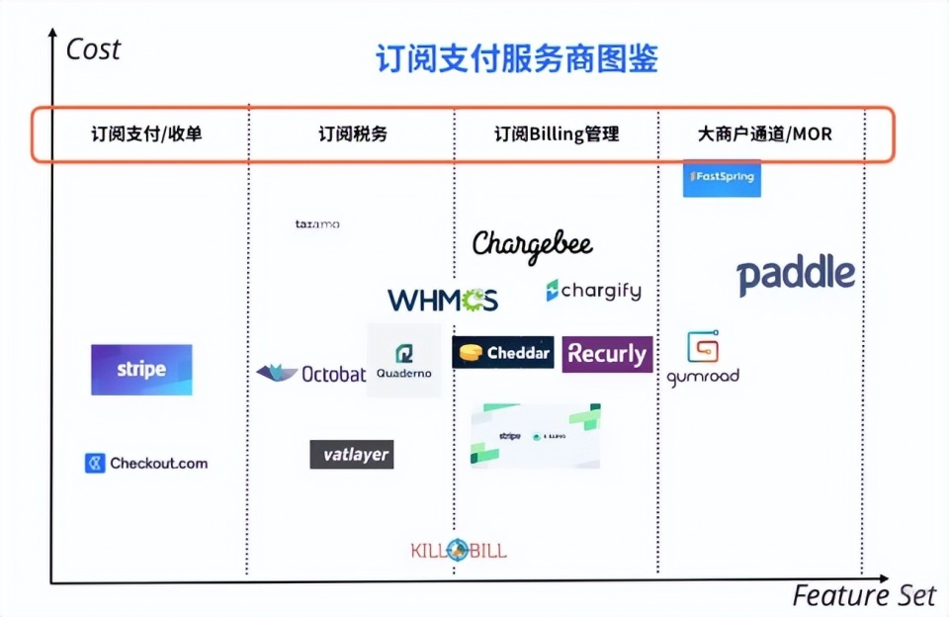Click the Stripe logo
(x=141, y=370)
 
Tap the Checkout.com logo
(x=146, y=463)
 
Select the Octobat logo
(x=311, y=374)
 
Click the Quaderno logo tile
(x=404, y=361)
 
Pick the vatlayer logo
(x=352, y=455)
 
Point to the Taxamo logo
(x=317, y=224)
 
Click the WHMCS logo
(x=443, y=300)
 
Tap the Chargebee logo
(x=532, y=244)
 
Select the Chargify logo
(x=593, y=291)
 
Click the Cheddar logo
(x=503, y=353)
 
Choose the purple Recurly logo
(x=607, y=354)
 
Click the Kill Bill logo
(x=458, y=550)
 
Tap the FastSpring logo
(x=722, y=178)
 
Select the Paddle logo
(x=796, y=275)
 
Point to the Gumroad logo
(x=703, y=359)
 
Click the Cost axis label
(x=93, y=49)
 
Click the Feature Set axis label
(x=863, y=595)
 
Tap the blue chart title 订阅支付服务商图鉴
(x=516, y=58)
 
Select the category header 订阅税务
(x=353, y=133)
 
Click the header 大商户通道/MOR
(x=764, y=133)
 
